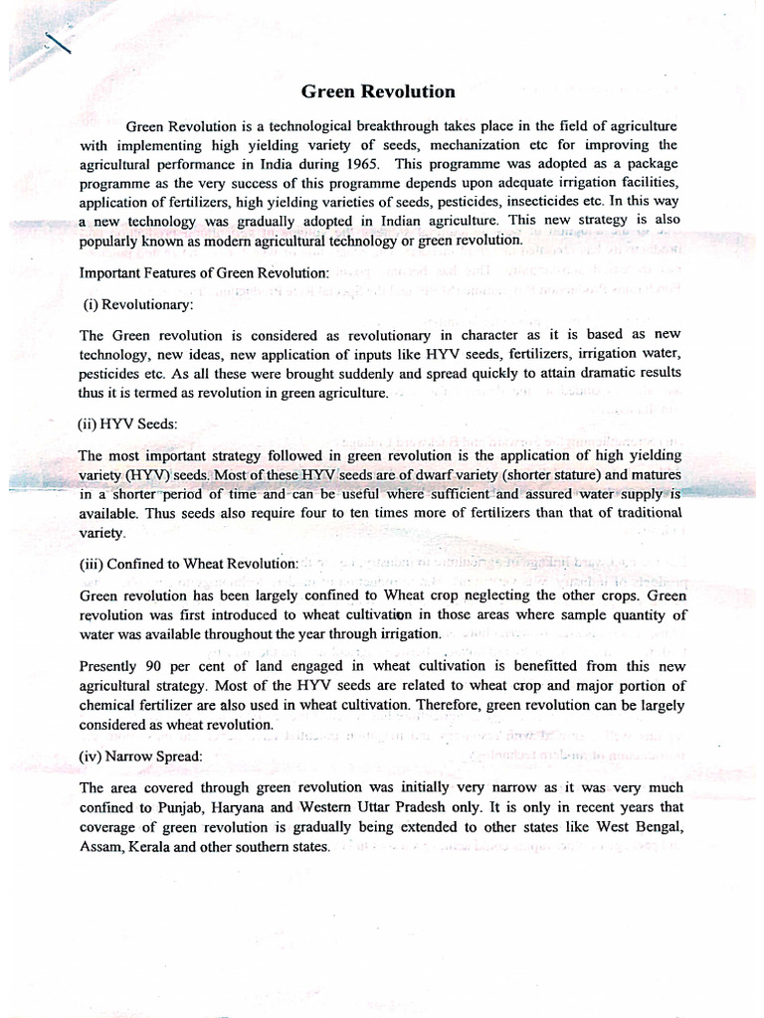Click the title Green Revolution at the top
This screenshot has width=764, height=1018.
tap(378, 92)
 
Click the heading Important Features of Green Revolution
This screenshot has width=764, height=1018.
tap(204, 272)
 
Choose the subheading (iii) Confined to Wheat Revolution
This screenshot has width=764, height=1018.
tap(188, 564)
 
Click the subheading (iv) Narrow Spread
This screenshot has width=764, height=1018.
tap(140, 756)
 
